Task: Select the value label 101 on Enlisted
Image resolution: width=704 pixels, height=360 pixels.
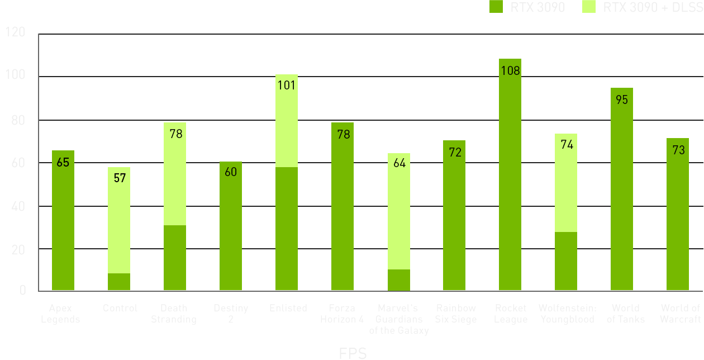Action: pos(287,86)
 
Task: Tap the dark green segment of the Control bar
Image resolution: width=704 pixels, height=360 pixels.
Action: pos(119,282)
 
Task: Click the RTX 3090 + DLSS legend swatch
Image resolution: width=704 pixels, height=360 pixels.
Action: pos(589,7)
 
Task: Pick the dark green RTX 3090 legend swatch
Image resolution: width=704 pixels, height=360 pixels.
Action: pos(496,7)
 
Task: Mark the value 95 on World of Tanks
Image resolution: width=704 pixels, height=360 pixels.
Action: pos(622,100)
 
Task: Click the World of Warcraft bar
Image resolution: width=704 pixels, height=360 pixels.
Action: pos(678,224)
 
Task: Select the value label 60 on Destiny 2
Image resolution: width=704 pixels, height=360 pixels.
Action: pos(231,172)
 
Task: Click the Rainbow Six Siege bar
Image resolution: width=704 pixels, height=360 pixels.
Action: pos(454,224)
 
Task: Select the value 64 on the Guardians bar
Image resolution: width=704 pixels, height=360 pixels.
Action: pos(398,164)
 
